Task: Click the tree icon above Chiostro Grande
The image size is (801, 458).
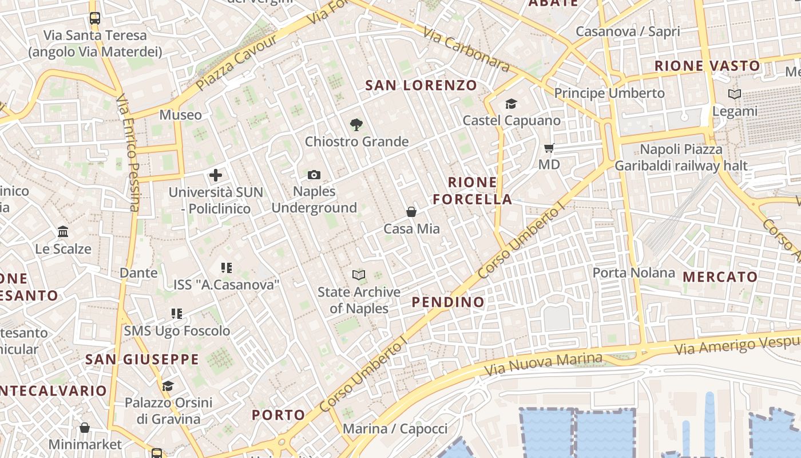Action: pyautogui.click(x=356, y=124)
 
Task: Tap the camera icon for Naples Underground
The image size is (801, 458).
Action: pyautogui.click(x=314, y=175)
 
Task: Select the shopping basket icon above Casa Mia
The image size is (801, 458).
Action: pyautogui.click(x=411, y=212)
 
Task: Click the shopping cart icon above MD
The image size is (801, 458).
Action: pyautogui.click(x=549, y=148)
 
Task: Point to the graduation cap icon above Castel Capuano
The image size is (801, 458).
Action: pyautogui.click(x=511, y=104)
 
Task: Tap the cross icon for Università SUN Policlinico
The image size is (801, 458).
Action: pyautogui.click(x=216, y=175)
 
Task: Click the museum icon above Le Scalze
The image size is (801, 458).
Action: pyautogui.click(x=63, y=232)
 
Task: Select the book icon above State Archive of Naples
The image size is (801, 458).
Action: pyautogui.click(x=359, y=275)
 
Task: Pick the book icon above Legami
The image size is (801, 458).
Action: pyautogui.click(x=735, y=94)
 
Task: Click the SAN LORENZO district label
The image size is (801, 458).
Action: pyautogui.click(x=421, y=85)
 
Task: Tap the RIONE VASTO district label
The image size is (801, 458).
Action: pyautogui.click(x=707, y=66)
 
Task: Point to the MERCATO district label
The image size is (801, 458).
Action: pyautogui.click(x=720, y=277)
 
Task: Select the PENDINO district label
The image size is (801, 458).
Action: pyautogui.click(x=448, y=302)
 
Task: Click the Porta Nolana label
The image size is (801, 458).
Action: pyautogui.click(x=633, y=273)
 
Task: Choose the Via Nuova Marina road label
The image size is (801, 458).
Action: pyautogui.click(x=543, y=364)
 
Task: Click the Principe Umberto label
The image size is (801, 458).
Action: pyautogui.click(x=609, y=93)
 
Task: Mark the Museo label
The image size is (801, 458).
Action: pyautogui.click(x=180, y=115)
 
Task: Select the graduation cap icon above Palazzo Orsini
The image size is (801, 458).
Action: pyautogui.click(x=168, y=386)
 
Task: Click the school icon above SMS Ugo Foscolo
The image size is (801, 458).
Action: pyautogui.click(x=177, y=314)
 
